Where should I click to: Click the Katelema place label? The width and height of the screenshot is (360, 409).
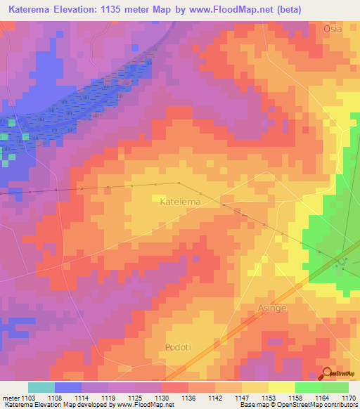point(181,202)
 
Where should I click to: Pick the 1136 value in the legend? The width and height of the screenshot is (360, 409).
point(188,397)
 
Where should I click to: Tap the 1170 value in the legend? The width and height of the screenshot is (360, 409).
point(349,397)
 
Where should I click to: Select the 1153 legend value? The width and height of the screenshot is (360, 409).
point(269,397)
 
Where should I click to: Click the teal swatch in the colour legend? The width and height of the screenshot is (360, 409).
point(41,387)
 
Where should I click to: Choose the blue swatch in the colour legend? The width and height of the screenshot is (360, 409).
point(68,387)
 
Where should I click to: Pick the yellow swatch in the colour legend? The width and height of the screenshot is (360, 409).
point(281,387)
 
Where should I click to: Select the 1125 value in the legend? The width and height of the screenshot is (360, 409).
point(135,397)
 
